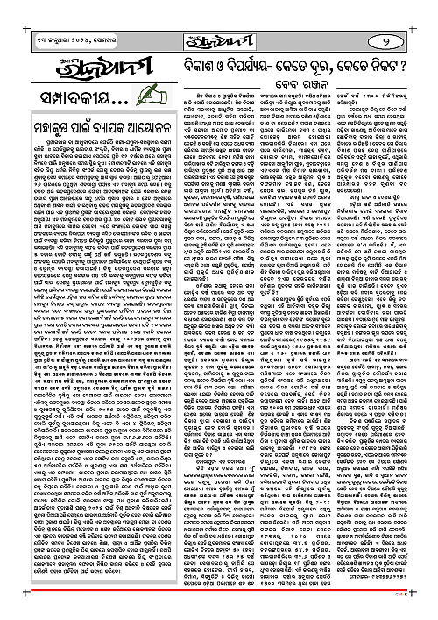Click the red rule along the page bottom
(x=219, y=590)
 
